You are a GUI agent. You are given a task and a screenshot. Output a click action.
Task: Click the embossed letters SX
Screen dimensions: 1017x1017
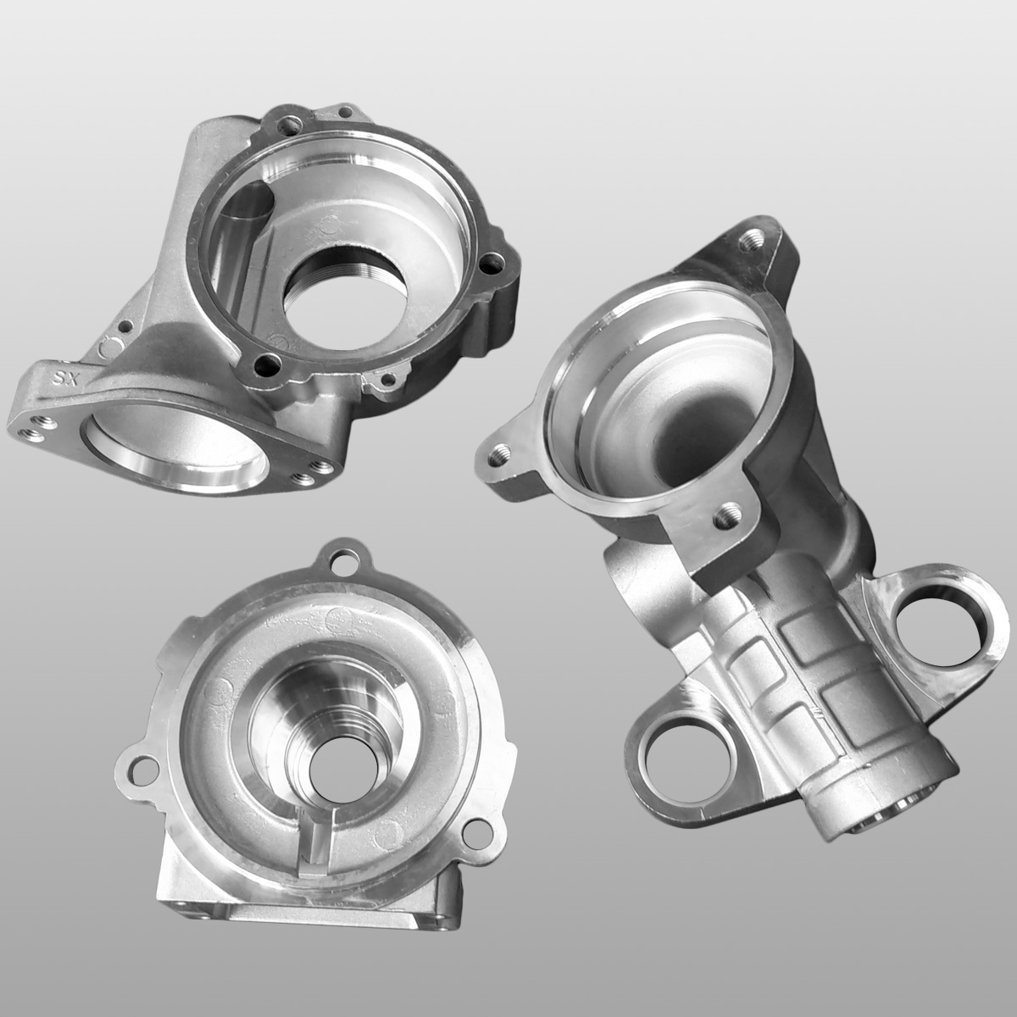tap(63, 377)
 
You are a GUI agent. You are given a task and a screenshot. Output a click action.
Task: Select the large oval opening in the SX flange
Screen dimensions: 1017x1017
tap(175, 448)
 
